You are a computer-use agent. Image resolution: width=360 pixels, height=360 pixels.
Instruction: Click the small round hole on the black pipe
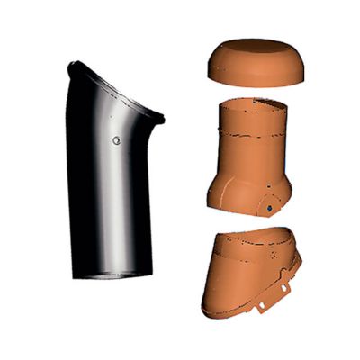[117, 140]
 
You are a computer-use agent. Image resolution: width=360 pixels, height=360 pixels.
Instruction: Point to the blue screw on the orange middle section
[269, 207]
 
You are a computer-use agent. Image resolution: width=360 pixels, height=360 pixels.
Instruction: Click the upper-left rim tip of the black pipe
[72, 64]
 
